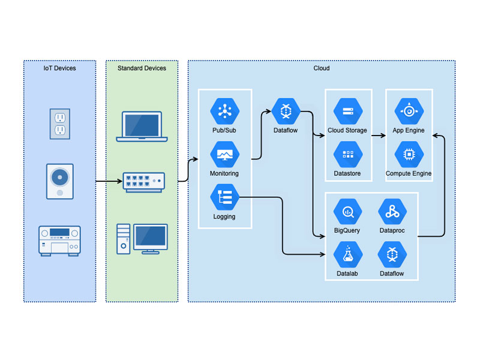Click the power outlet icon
pyautogui.click(x=60, y=124)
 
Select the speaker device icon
pyautogui.click(x=60, y=181)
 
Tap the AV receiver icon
pyautogui.click(x=59, y=241)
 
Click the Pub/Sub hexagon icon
pyautogui.click(x=225, y=111)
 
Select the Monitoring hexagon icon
pyautogui.click(x=225, y=154)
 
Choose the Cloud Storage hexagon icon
pyautogui.click(x=348, y=111)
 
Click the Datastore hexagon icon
pyautogui.click(x=348, y=154)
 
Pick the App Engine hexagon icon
pyautogui.click(x=409, y=111)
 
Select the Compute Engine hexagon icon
pyautogui.click(x=409, y=154)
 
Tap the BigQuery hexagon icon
pyautogui.click(x=348, y=212)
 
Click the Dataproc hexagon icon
pyautogui.click(x=392, y=212)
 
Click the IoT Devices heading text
pyautogui.click(x=59, y=68)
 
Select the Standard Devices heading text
pyautogui.click(x=142, y=68)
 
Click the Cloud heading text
pyautogui.click(x=322, y=68)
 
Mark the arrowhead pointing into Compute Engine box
pyautogui.click(x=436, y=136)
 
